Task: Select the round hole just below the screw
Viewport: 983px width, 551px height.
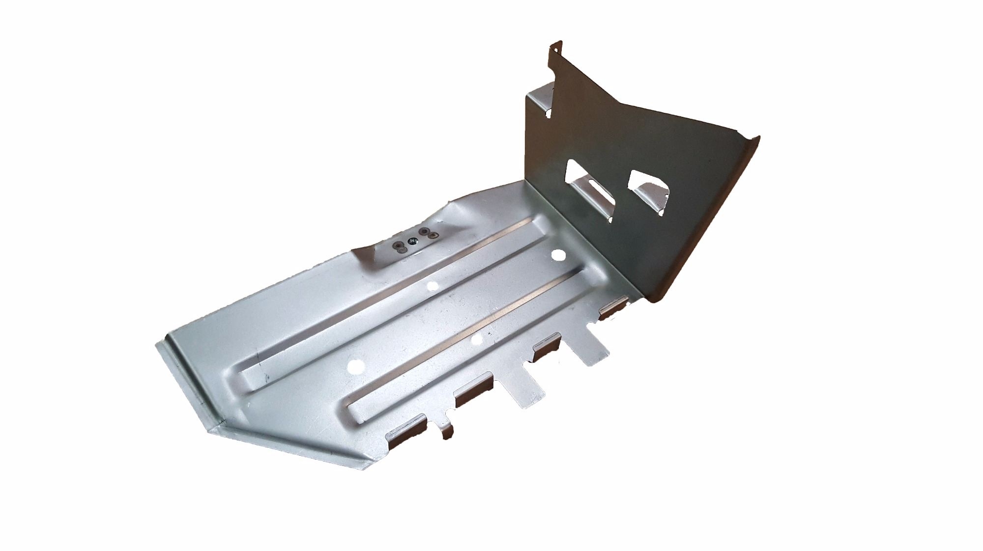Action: click(433, 285)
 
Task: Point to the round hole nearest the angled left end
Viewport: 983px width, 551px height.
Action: click(353, 366)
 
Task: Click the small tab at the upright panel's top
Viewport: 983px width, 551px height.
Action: click(553, 47)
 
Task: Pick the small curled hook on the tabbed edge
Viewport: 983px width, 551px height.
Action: click(447, 430)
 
